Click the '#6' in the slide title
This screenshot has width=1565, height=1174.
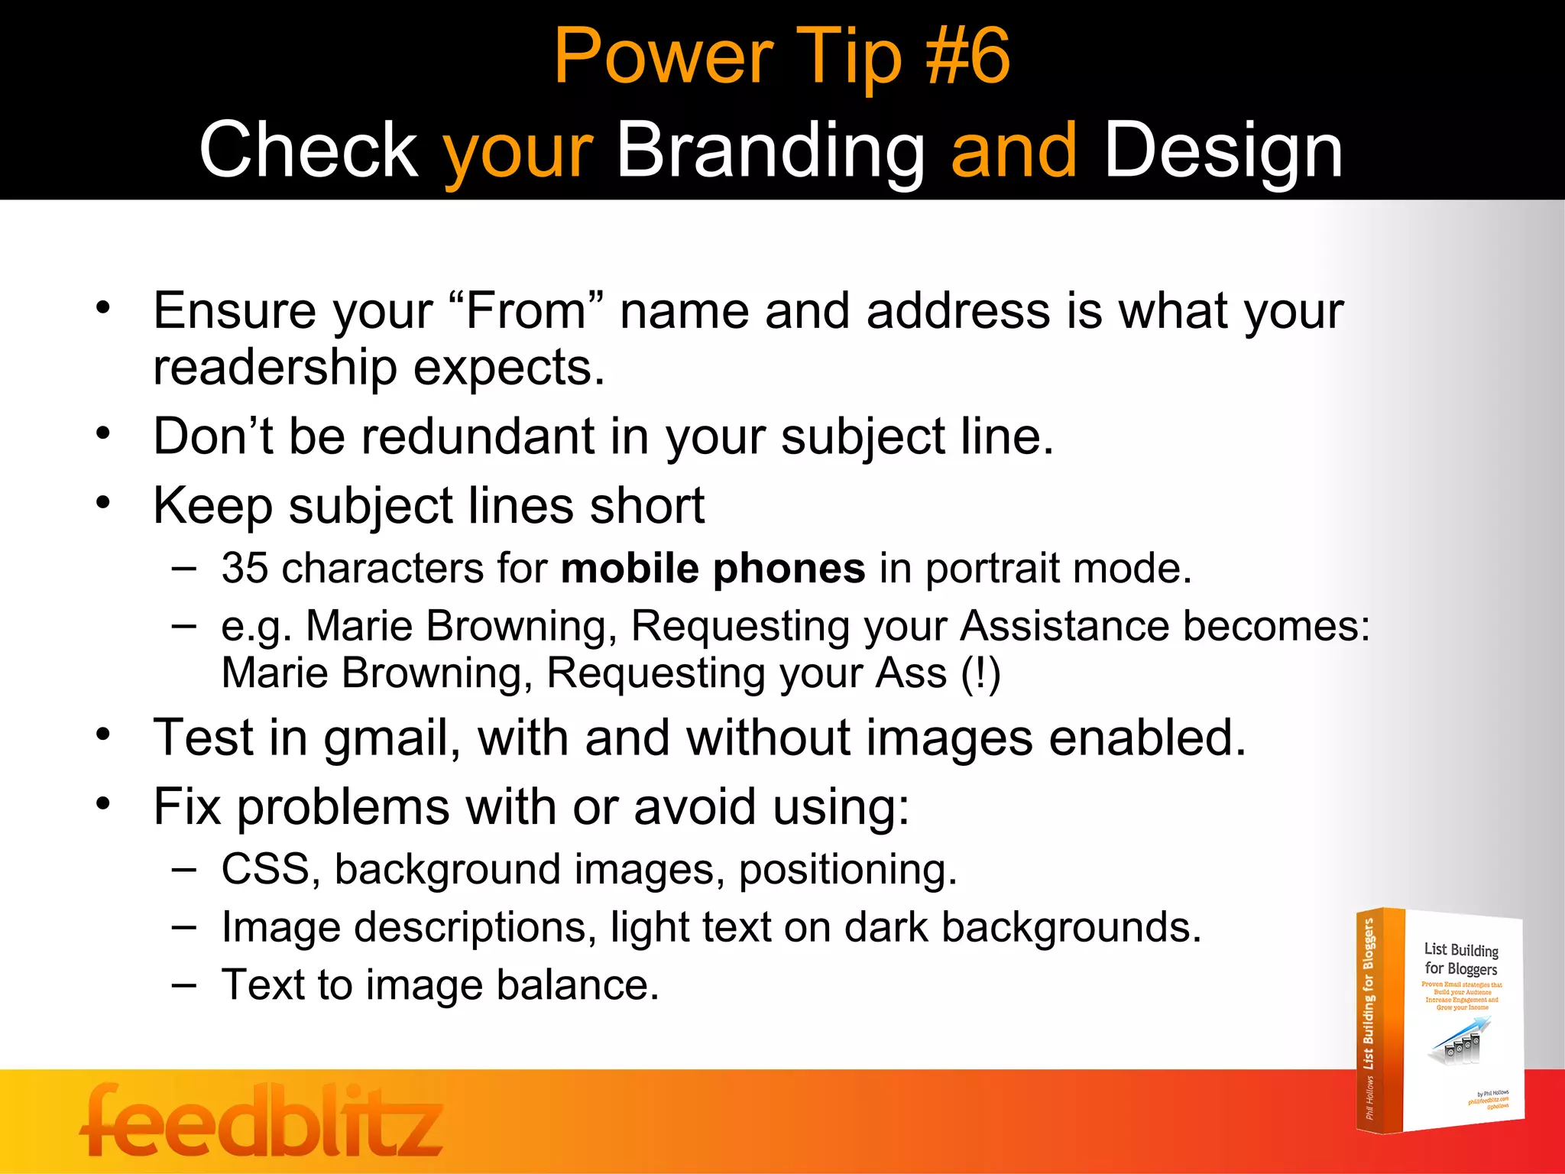click(967, 56)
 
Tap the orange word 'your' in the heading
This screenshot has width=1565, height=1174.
click(517, 151)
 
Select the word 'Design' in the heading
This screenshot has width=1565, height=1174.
click(1223, 151)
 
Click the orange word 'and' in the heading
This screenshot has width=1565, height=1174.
click(1013, 151)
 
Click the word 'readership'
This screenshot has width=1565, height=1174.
click(275, 368)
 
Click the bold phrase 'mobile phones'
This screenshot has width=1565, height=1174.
click(712, 569)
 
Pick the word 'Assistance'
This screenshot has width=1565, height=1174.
click(1064, 626)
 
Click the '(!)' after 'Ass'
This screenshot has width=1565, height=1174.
click(980, 674)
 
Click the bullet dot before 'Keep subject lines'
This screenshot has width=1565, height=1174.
click(104, 503)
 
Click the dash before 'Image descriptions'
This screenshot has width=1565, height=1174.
click(184, 926)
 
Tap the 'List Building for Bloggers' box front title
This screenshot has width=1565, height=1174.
click(1460, 959)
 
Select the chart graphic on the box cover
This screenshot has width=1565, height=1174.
click(1459, 1042)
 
